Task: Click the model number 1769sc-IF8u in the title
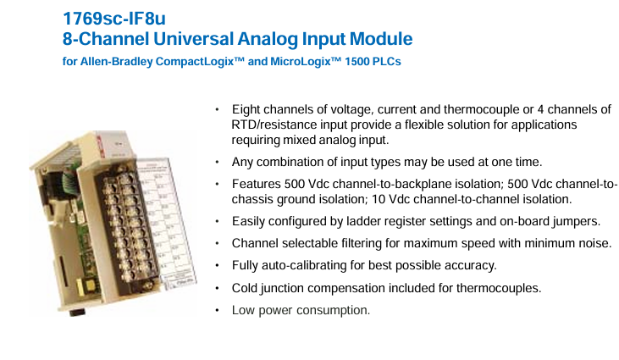pyautogui.click(x=114, y=19)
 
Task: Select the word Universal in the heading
pyautogui.click(x=194, y=39)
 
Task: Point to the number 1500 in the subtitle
pyautogui.click(x=356, y=62)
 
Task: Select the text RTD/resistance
pyautogui.click(x=274, y=125)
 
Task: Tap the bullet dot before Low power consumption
pyautogui.click(x=217, y=311)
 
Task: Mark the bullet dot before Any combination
pyautogui.click(x=217, y=163)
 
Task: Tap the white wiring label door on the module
pyautogui.click(x=166, y=221)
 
